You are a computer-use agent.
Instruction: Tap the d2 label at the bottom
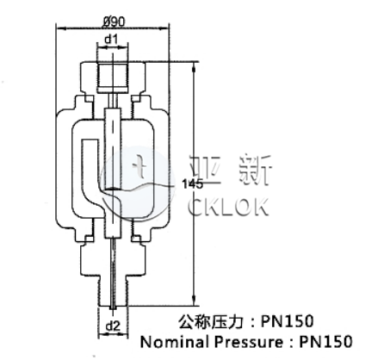(114, 324)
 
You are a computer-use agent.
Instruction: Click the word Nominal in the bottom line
(170, 342)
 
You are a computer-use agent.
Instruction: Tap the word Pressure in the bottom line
(240, 342)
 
